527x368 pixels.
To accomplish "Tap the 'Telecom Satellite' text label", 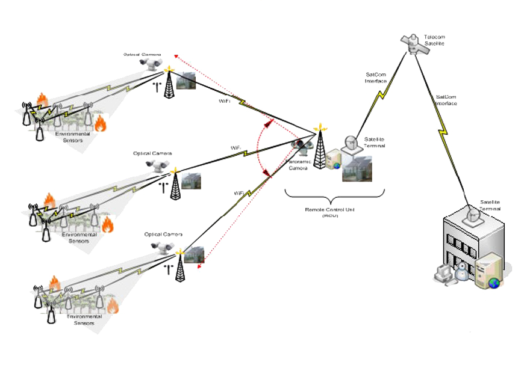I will click(x=434, y=40).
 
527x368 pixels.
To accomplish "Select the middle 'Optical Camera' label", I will click(x=152, y=153).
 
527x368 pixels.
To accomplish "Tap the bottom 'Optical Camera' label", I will click(x=163, y=233).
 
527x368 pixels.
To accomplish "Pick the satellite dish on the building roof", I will click(x=472, y=215).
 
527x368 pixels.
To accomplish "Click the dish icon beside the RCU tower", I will click(x=351, y=143).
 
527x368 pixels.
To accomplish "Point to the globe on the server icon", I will click(x=494, y=282).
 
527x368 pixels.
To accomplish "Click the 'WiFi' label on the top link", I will click(x=224, y=102).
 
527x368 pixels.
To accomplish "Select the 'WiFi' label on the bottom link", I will click(x=239, y=192).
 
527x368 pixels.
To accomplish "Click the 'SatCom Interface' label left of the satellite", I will click(x=376, y=78).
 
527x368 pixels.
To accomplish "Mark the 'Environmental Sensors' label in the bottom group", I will click(x=84, y=319).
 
